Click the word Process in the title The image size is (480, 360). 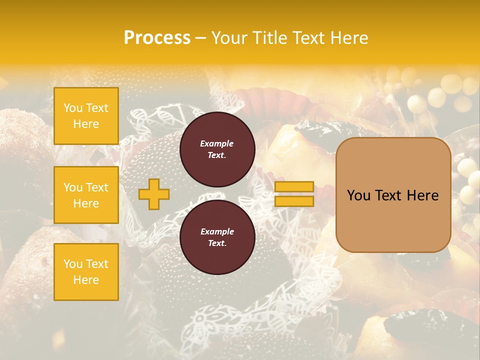(x=157, y=38)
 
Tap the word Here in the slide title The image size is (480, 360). (x=348, y=38)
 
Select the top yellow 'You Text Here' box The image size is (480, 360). (x=86, y=116)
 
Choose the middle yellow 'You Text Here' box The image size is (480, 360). (x=86, y=195)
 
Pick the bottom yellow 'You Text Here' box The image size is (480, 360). (x=86, y=272)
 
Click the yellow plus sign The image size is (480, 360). (x=153, y=194)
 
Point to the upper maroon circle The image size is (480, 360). (x=217, y=149)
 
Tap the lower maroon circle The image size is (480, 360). (x=217, y=237)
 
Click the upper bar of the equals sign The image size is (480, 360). (x=294, y=186)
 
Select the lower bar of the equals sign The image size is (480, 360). (x=294, y=201)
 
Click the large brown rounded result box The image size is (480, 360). (x=393, y=194)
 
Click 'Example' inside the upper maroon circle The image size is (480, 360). (x=217, y=143)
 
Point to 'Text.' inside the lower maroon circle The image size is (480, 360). (x=217, y=243)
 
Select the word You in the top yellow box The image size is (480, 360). (x=73, y=108)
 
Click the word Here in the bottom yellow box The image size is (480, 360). (x=86, y=280)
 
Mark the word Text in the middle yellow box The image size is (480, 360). (x=97, y=187)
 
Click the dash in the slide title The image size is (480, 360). (x=201, y=38)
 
